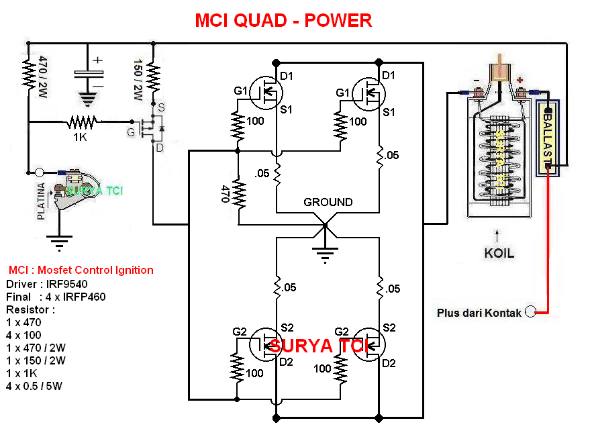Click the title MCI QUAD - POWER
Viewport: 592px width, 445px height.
(x=283, y=21)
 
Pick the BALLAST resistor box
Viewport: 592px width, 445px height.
(x=548, y=138)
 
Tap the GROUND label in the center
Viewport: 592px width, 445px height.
(x=328, y=201)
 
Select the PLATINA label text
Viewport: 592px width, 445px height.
(x=42, y=201)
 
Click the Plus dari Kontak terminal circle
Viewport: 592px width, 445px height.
(x=531, y=312)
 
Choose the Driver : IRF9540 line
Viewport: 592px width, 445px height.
(x=47, y=284)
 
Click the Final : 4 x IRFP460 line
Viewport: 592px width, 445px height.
(x=56, y=297)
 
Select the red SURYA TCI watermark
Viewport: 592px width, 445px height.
(x=320, y=346)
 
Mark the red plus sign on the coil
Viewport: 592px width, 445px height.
(x=519, y=80)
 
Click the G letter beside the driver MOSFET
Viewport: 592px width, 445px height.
(x=131, y=132)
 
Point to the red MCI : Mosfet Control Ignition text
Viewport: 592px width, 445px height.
(x=81, y=270)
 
